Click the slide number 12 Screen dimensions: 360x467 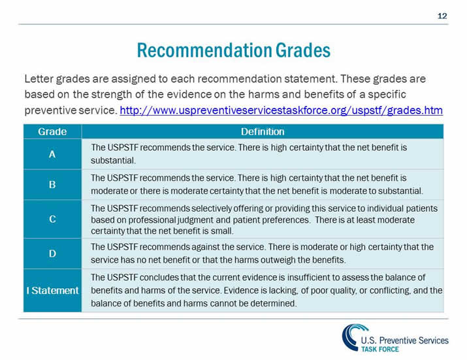(x=442, y=16)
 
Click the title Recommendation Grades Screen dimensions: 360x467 (x=233, y=50)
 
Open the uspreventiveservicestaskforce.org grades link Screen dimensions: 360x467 (x=282, y=110)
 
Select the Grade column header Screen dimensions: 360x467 (x=52, y=131)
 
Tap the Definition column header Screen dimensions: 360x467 (x=263, y=131)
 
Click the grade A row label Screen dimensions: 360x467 (x=52, y=154)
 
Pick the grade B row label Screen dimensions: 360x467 (x=52, y=184)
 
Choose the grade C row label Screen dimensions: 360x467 (x=52, y=219)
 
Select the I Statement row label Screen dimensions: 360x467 (x=52, y=290)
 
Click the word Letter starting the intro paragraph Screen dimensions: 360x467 (x=39, y=79)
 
